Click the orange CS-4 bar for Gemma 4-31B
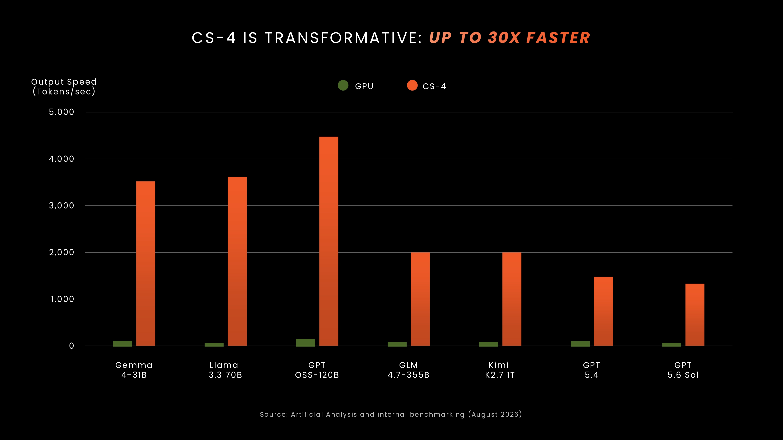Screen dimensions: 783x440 (x=146, y=264)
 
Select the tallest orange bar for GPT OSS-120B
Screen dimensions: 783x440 (x=329, y=241)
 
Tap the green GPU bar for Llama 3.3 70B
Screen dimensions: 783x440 (x=214, y=344)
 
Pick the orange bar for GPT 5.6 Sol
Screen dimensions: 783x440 (x=695, y=315)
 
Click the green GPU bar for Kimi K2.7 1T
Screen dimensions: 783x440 (x=489, y=344)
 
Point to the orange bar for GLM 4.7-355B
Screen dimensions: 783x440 (x=420, y=299)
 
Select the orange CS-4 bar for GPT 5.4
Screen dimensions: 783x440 (x=603, y=311)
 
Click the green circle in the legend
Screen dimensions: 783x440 (x=343, y=85)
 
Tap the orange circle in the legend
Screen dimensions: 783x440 (x=412, y=85)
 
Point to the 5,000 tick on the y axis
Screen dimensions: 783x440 (x=61, y=112)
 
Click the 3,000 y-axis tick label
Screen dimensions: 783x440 (x=61, y=206)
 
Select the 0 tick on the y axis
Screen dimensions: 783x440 (x=71, y=346)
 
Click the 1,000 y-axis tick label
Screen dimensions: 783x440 (x=62, y=299)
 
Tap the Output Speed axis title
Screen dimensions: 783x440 (x=64, y=87)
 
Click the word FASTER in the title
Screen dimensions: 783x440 (x=558, y=38)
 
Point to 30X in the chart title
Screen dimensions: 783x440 (x=504, y=38)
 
